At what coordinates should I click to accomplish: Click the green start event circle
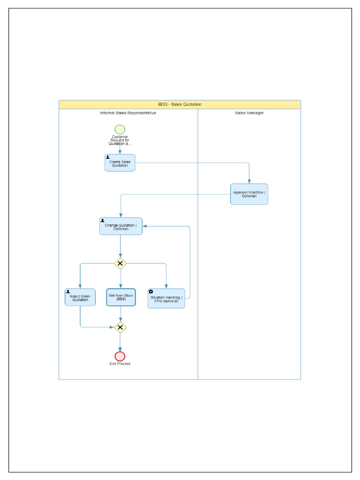120,129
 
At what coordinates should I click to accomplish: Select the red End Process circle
120,356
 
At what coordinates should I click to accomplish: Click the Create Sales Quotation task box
120,163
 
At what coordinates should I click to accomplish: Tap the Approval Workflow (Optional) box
249,194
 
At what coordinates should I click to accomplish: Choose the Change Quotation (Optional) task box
120,226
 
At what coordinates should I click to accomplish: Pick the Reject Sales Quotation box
80,298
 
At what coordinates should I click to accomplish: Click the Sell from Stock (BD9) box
121,298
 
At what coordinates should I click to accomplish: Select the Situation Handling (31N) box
166,299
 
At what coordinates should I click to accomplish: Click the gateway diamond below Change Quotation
120,264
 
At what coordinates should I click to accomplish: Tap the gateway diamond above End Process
120,327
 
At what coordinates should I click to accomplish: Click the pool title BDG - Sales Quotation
180,105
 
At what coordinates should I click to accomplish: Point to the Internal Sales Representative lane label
128,113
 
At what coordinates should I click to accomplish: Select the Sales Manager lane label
249,113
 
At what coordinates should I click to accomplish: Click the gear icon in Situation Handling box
151,292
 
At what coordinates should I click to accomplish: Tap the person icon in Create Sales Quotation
108,157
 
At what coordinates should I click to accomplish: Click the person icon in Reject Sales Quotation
68,292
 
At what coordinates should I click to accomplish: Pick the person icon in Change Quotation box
103,220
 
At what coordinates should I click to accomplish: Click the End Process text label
120,364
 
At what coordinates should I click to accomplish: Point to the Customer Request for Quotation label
120,140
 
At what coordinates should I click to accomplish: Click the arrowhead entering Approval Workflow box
249,181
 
